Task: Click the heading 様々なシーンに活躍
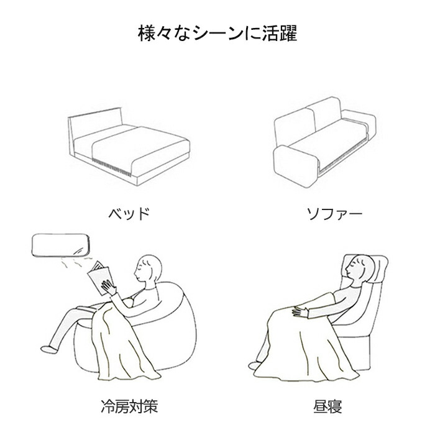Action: [x=217, y=34]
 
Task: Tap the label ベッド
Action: [x=129, y=214]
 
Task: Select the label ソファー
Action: [x=334, y=214]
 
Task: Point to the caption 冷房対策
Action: [x=129, y=406]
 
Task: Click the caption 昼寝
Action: [x=327, y=406]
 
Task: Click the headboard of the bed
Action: [x=95, y=124]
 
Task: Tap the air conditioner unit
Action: [x=61, y=245]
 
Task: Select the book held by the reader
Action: [x=100, y=277]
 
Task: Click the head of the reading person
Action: [x=148, y=268]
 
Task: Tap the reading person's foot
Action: [x=49, y=349]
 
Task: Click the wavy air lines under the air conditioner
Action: [x=76, y=262]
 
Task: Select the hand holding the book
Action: [x=109, y=287]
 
